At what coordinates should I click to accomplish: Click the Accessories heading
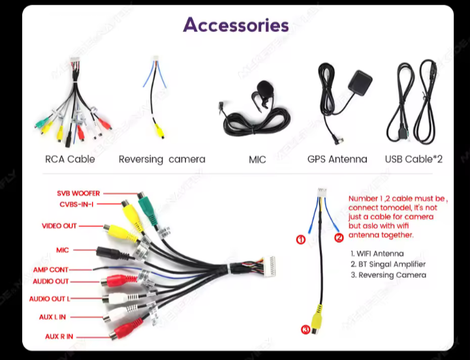[236, 25]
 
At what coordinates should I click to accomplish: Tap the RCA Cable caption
[70, 159]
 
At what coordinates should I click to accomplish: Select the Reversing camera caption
[162, 159]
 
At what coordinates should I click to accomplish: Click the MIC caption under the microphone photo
[257, 159]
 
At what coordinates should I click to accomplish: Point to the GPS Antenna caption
[337, 159]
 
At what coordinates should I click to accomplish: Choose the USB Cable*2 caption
[414, 159]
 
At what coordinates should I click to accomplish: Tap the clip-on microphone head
[263, 87]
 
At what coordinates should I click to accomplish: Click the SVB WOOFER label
[78, 194]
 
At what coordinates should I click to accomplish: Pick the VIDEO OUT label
[59, 226]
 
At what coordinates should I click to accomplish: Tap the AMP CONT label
[50, 270]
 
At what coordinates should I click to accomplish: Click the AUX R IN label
[59, 337]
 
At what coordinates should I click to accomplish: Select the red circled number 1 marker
[301, 239]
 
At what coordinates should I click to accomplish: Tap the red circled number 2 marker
[339, 237]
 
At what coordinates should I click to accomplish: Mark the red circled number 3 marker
[305, 329]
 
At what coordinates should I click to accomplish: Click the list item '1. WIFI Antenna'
[377, 254]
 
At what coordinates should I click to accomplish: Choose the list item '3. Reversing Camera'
[388, 275]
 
